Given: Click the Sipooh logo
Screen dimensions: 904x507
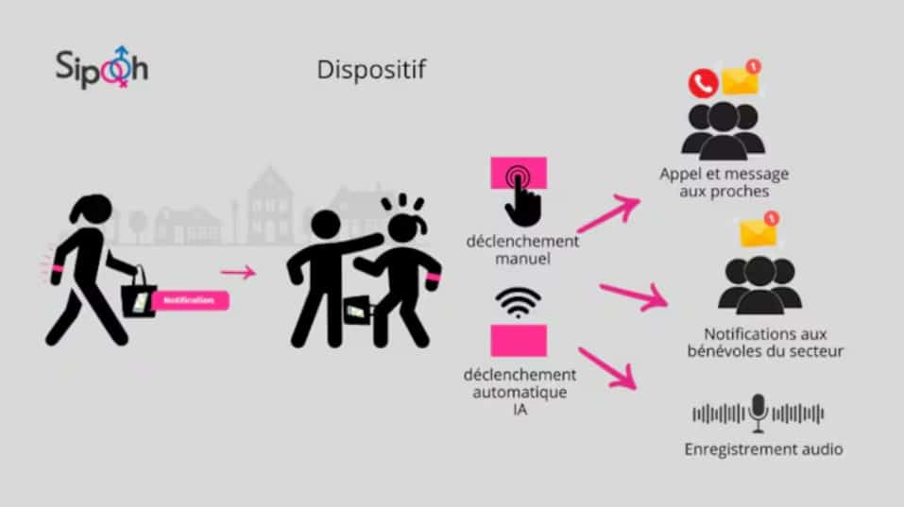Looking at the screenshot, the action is click(101, 67).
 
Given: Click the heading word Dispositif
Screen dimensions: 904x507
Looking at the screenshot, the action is click(371, 70).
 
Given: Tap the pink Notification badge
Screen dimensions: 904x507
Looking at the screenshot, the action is click(190, 301).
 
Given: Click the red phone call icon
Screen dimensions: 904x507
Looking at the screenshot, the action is click(703, 83).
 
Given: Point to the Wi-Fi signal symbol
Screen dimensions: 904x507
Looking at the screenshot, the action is click(518, 302).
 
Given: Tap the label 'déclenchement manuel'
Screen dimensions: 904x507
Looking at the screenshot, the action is click(522, 249).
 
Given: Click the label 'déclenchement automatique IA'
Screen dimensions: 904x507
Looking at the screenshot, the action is click(520, 392).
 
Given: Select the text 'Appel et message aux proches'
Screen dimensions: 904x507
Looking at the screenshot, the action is click(725, 182).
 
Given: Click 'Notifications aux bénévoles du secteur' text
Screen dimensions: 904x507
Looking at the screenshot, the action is click(765, 342).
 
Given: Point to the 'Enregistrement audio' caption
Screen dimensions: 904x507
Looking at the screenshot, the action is click(763, 449).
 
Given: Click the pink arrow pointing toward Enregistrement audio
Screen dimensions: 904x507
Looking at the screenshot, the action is click(607, 369).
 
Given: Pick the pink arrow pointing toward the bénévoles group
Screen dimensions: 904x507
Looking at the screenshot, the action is click(634, 296).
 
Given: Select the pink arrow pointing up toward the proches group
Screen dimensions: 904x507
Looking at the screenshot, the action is click(609, 212).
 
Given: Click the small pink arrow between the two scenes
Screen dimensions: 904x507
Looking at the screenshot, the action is click(238, 272).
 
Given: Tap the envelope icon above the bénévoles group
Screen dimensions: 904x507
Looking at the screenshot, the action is click(759, 230).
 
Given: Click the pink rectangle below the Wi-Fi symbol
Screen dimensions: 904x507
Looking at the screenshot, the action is click(519, 341).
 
